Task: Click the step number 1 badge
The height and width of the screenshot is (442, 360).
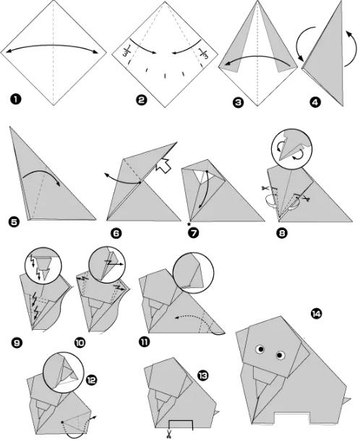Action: click(15, 100)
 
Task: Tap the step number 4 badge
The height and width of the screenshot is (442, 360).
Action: click(315, 102)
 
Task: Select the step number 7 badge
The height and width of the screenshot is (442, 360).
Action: click(194, 233)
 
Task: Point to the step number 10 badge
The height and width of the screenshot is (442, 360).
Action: click(80, 342)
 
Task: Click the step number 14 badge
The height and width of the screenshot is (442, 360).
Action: click(317, 313)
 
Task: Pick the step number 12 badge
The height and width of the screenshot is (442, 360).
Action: click(92, 380)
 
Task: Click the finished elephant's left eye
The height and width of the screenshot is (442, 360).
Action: click(260, 349)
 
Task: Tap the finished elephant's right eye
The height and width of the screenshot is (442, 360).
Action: click(280, 355)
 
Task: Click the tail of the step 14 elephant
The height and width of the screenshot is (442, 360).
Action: click(347, 400)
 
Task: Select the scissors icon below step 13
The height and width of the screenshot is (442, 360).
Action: click(169, 433)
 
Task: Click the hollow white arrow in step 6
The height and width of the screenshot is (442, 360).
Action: click(163, 165)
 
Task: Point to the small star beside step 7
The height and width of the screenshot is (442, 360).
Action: click(189, 224)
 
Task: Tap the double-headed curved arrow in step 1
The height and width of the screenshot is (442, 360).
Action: click(52, 45)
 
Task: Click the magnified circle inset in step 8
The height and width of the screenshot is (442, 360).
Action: click(291, 149)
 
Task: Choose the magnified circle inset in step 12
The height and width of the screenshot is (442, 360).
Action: click(64, 373)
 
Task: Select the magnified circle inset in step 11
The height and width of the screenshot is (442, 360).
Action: click(193, 273)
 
